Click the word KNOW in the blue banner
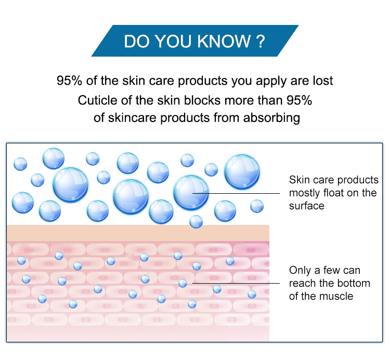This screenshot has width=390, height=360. click(x=224, y=41)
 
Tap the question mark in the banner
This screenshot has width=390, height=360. click(x=261, y=41)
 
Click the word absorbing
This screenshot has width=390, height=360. click(x=271, y=118)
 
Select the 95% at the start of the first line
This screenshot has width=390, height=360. click(x=69, y=81)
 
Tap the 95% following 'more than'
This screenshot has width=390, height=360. click(x=299, y=100)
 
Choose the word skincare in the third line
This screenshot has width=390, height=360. click(x=134, y=118)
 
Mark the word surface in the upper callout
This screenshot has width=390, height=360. click(x=307, y=206)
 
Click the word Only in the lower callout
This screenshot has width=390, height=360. click(x=300, y=270)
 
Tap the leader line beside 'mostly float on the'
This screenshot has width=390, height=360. click(x=236, y=193)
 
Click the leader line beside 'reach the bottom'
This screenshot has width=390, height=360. click(x=236, y=283)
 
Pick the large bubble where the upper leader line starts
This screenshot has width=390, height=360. click(x=191, y=193)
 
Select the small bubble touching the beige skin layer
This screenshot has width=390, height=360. click(x=196, y=222)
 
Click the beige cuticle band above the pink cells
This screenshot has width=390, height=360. click(x=138, y=233)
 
